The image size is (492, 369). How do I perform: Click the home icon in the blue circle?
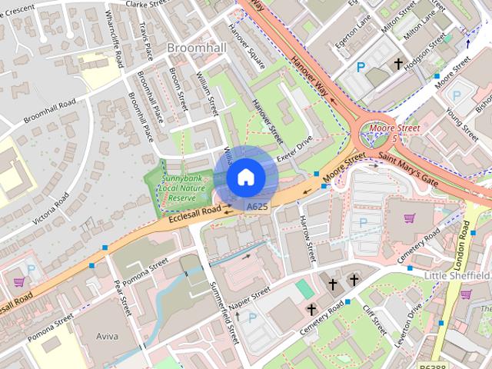pos(245,177)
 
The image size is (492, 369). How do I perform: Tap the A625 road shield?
pos(257,207)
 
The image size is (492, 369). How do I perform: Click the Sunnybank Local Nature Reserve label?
pos(178,188)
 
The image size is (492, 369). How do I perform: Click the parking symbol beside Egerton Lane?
pos(361,68)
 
